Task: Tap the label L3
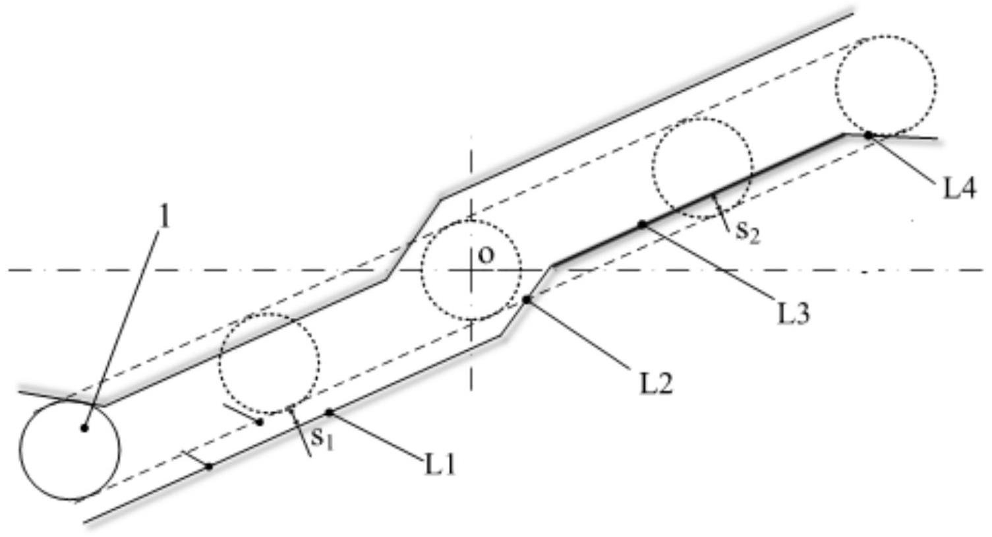tap(793, 313)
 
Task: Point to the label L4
tap(958, 189)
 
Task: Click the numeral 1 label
tap(164, 216)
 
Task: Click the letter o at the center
tap(486, 255)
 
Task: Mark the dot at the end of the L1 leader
tap(330, 413)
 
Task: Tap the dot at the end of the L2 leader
tap(527, 300)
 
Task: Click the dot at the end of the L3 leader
tap(643, 225)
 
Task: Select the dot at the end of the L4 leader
tap(868, 135)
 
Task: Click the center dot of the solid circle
tap(84, 428)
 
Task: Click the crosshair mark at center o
tap(471, 270)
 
